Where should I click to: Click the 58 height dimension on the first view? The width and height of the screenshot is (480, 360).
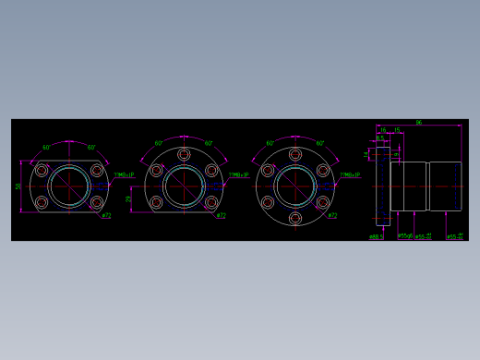[x=18, y=186]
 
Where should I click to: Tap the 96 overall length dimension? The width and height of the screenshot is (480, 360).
[x=418, y=122]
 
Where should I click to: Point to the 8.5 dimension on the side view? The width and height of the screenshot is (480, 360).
[x=379, y=138]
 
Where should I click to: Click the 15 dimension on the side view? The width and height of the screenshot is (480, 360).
[x=397, y=130]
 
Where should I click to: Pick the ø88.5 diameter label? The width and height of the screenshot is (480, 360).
[x=376, y=236]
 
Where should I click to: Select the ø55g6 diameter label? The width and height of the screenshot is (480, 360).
[x=404, y=236]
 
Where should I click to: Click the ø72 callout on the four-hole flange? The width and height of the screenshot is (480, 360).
[x=106, y=216]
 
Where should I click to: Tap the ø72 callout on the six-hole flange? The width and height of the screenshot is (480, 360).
[x=332, y=216]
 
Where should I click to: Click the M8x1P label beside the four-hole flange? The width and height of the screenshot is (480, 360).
[x=124, y=174]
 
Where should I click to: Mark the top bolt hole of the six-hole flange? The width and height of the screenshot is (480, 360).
[x=295, y=154]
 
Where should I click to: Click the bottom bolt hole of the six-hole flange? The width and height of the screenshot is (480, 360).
[x=295, y=219]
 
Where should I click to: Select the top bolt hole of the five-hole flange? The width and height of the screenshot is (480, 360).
[x=184, y=154]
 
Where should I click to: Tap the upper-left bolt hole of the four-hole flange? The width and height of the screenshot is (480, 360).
[x=42, y=171]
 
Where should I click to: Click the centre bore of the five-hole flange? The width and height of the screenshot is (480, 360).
[x=184, y=186]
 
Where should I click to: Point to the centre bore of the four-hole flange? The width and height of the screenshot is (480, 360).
[x=70, y=186]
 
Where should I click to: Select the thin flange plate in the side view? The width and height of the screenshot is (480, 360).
[x=382, y=186]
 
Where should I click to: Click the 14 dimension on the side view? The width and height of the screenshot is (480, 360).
[x=366, y=153]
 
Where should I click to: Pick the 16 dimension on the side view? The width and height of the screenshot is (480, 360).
[x=383, y=130]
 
